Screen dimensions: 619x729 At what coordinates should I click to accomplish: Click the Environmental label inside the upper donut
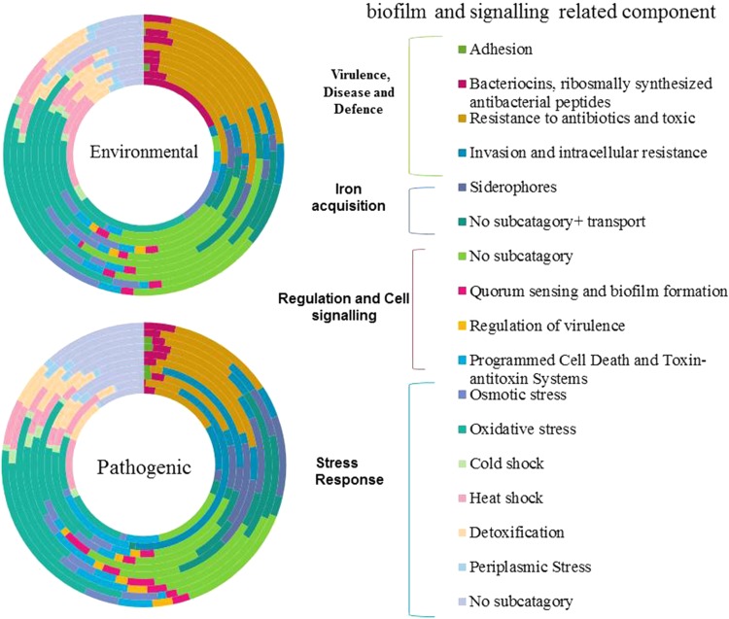point(143,152)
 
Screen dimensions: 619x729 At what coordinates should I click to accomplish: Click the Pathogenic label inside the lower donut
point(144,465)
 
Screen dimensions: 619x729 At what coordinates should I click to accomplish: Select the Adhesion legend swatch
point(462,49)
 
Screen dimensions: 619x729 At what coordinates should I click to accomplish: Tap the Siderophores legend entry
point(516,186)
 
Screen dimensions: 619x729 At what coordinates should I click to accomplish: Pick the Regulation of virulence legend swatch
point(462,324)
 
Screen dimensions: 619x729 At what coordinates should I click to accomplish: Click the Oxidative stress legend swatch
point(462,430)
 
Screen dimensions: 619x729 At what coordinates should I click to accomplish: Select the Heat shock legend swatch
point(462,499)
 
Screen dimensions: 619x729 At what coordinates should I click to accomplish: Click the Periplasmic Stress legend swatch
point(462,567)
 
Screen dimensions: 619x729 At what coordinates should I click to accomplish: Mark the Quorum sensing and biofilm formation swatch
point(462,290)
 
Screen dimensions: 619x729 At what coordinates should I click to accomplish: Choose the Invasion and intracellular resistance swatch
point(462,153)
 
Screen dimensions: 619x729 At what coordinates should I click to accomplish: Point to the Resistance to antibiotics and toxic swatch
point(462,117)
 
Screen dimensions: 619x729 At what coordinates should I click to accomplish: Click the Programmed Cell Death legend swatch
point(462,361)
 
